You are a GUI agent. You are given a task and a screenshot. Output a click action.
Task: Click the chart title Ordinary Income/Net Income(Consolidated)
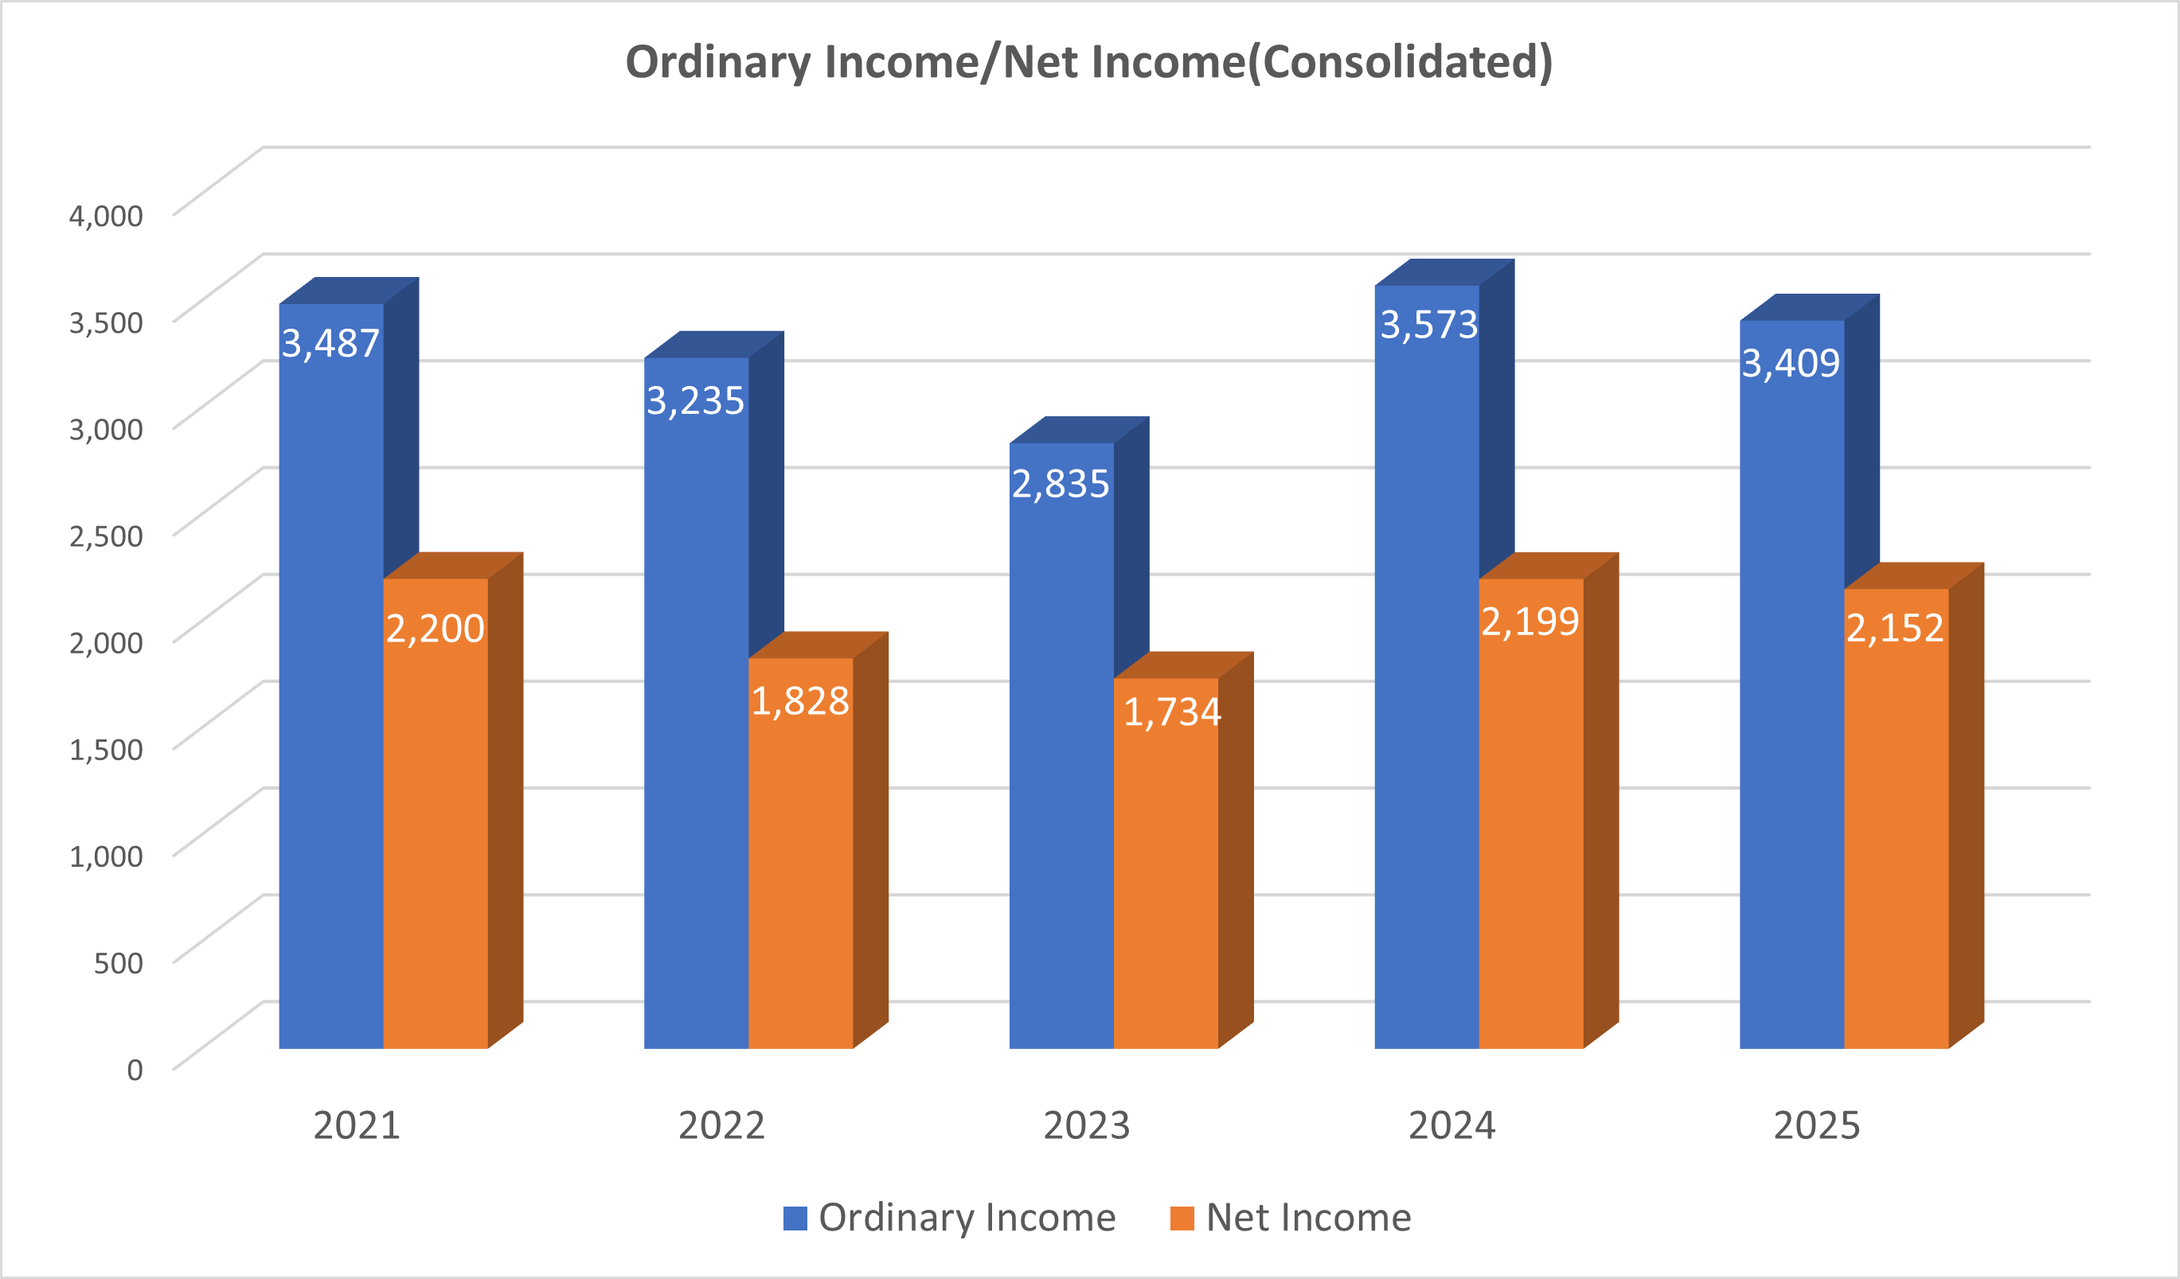(1089, 62)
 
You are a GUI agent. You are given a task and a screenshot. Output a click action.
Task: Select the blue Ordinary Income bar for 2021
(331, 692)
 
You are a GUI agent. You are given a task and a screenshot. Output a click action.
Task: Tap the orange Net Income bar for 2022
(800, 865)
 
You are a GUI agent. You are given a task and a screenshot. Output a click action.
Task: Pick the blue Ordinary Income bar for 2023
(1061, 761)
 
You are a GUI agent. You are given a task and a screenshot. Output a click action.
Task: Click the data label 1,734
(1171, 712)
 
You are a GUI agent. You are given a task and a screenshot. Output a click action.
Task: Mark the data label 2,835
(1061, 484)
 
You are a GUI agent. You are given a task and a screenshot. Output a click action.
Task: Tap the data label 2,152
(1894, 629)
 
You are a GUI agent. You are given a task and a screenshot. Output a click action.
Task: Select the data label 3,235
(696, 401)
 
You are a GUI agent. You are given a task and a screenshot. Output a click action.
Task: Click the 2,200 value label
(436, 629)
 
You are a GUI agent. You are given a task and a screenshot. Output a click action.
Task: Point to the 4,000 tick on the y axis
(107, 216)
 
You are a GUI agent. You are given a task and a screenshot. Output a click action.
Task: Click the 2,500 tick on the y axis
(107, 536)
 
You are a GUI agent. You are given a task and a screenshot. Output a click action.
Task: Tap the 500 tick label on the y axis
(119, 962)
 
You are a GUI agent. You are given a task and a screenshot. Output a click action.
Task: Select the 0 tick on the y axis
(135, 1070)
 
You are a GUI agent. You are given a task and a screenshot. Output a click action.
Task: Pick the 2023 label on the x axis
(1087, 1126)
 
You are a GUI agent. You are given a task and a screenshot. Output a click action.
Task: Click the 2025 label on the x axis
(1817, 1126)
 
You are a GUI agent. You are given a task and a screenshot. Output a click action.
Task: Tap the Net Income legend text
(1308, 1219)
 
